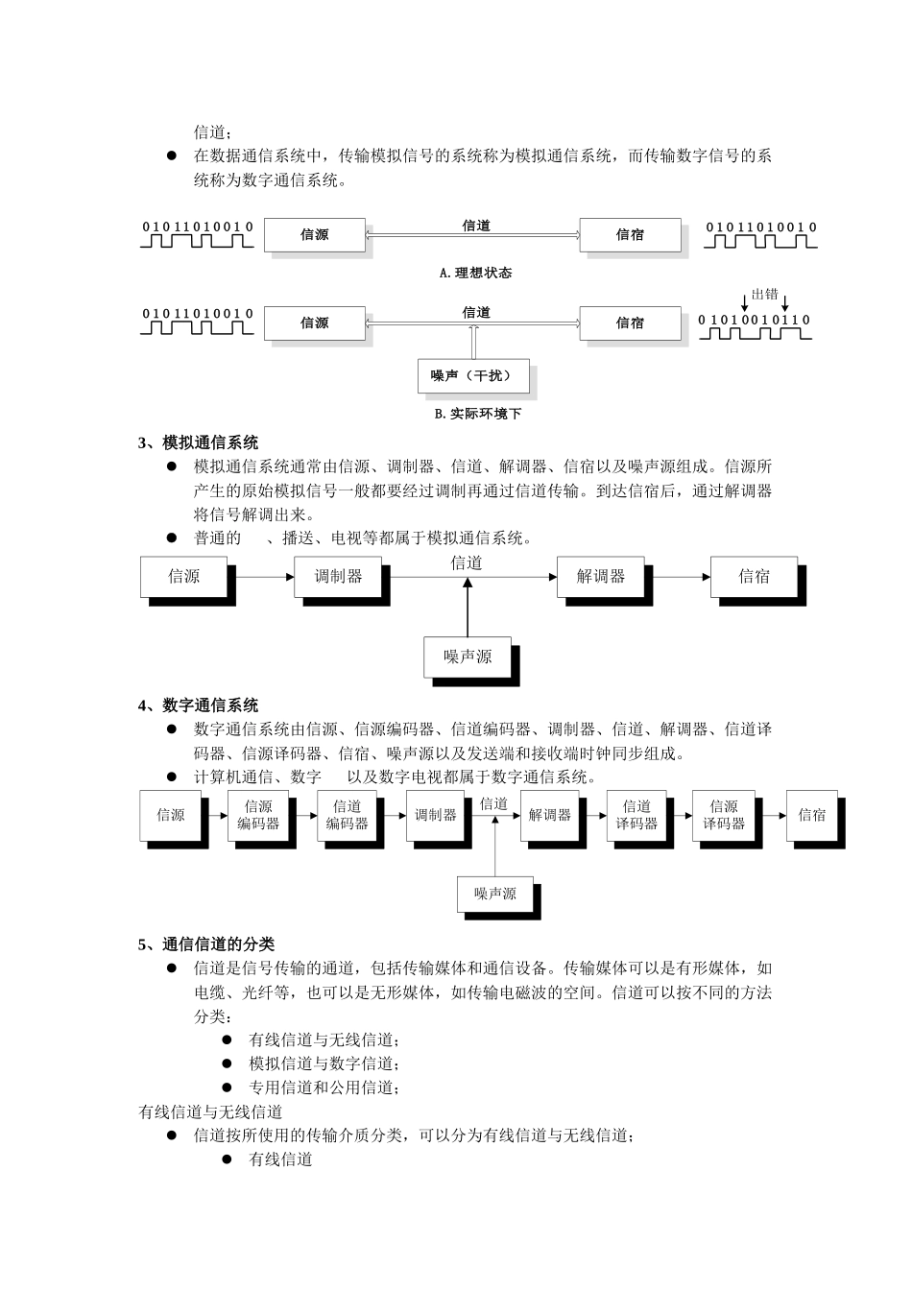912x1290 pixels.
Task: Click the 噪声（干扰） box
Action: click(473, 375)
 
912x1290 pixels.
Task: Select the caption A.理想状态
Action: click(475, 273)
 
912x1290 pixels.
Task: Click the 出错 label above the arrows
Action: click(764, 295)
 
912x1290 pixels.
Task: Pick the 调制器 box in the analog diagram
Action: click(339, 577)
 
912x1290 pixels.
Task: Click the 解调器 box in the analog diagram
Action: click(601, 577)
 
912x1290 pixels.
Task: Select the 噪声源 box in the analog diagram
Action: click(468, 657)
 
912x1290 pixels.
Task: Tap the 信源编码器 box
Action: click(258, 815)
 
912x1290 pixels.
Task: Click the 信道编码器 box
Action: click(348, 815)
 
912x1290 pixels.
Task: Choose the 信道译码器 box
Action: click(636, 815)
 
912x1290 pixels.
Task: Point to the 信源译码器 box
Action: click(724, 815)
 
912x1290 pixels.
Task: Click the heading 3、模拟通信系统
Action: click(198, 442)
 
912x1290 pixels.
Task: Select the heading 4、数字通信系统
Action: click(198, 705)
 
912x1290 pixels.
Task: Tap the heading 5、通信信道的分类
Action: click(205, 944)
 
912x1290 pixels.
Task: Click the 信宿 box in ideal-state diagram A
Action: click(630, 235)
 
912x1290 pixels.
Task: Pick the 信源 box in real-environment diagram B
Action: click(315, 323)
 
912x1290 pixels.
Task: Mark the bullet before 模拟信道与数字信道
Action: click(228, 1063)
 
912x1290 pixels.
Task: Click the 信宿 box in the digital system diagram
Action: click(812, 815)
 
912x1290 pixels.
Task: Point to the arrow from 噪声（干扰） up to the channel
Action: click(473, 342)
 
